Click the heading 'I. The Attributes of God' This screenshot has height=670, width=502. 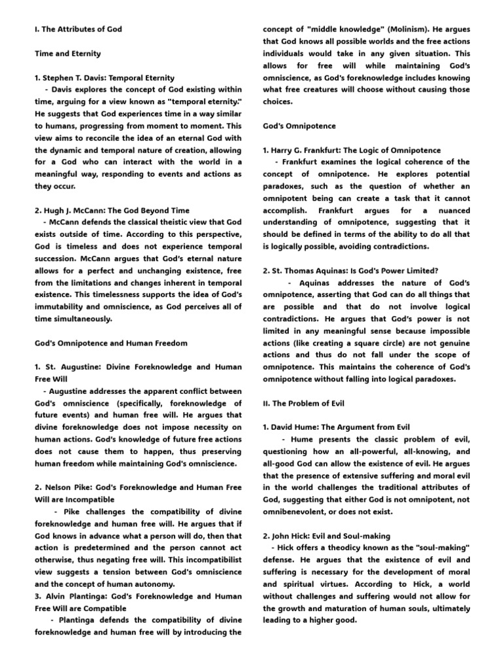tap(78, 29)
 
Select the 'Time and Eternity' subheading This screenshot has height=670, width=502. tap(68, 54)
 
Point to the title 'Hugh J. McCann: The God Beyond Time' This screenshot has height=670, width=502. tap(112, 210)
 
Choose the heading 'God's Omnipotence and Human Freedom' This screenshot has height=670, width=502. tap(111, 343)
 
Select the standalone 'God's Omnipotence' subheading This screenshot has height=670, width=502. tap(299, 126)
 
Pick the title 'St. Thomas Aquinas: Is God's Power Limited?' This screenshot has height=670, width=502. tap(350, 270)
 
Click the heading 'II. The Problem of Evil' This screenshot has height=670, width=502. tap(303, 403)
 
